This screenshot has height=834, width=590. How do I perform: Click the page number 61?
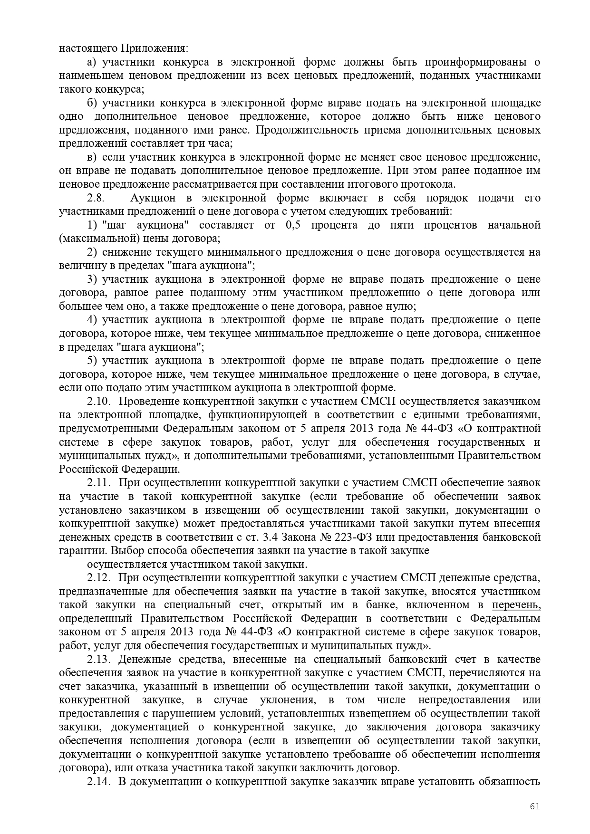click(x=535, y=806)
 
